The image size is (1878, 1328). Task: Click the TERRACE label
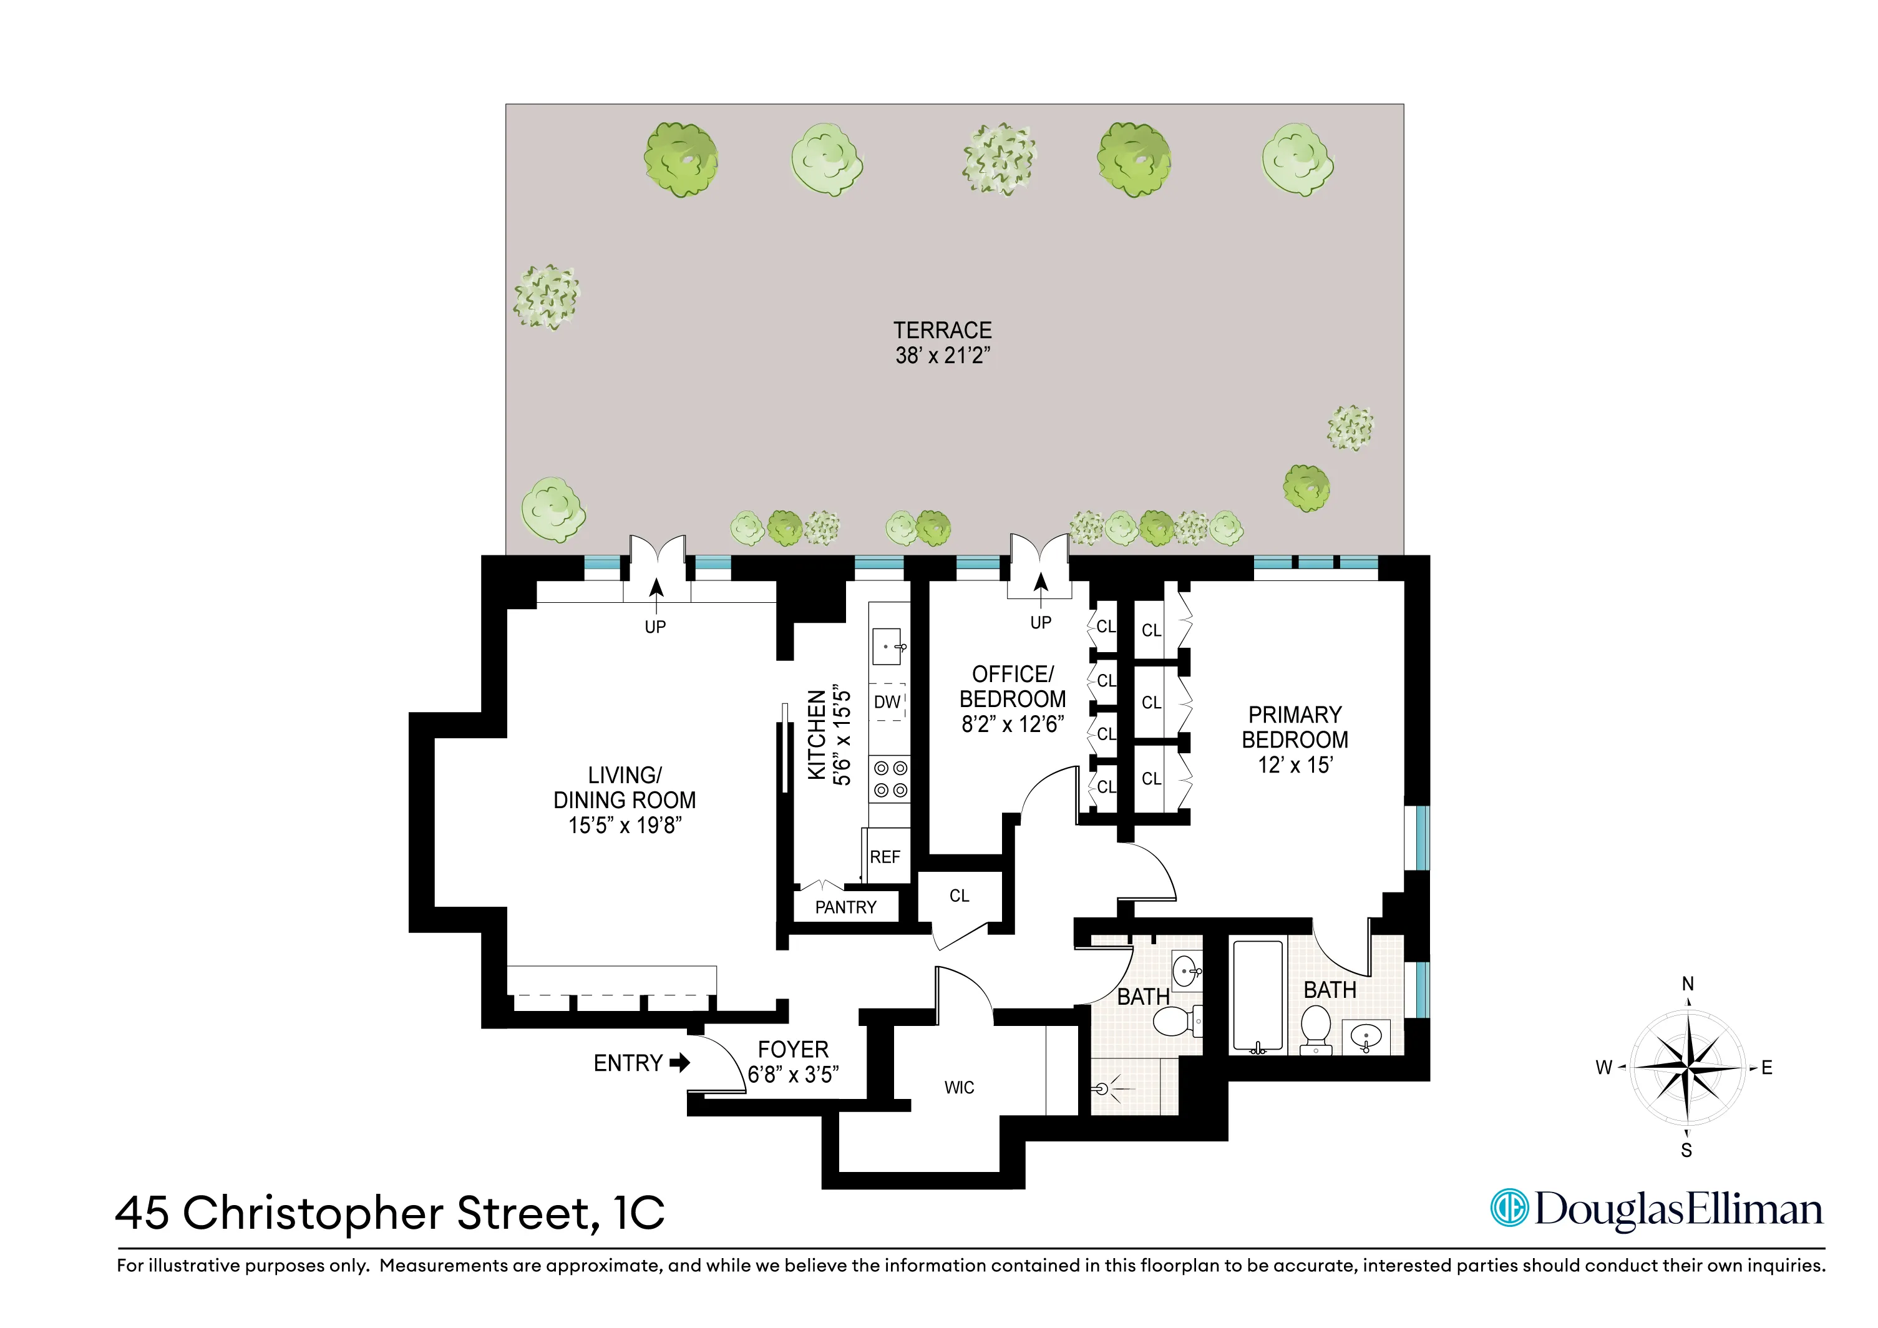pos(942,331)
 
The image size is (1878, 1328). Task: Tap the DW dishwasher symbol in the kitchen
pos(887,702)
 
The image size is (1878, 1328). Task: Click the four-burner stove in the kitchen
pos(890,779)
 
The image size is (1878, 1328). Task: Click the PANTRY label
pos(846,907)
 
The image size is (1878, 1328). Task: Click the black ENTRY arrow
pos(679,1063)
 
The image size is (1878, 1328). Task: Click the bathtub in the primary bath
pos(1258,997)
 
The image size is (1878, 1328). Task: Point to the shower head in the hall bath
pos(1102,1089)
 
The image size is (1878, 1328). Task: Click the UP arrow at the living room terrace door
pos(656,591)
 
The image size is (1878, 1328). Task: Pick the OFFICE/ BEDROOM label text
pos(1013,686)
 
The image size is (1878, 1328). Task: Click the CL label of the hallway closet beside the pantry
pos(960,896)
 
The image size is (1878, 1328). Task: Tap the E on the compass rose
pos(1767,1068)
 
